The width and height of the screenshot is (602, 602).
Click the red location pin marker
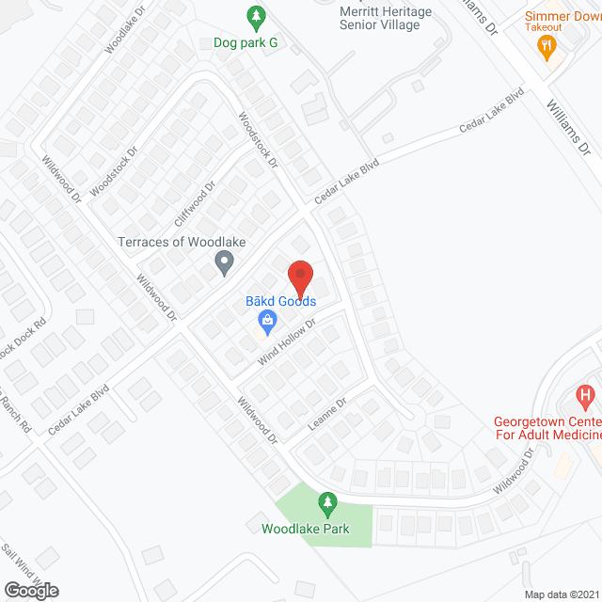tap(299, 277)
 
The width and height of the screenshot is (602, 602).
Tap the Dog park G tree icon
tap(255, 17)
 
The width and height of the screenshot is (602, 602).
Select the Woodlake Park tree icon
tap(327, 503)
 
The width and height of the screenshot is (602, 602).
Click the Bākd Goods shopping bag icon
tap(268, 322)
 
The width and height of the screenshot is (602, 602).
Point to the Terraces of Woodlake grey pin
tap(224, 262)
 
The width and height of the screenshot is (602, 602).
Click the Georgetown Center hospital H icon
tap(585, 397)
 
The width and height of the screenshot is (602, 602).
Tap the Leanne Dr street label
tap(327, 413)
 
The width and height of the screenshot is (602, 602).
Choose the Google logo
tap(30, 590)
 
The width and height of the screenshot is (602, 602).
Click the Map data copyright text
tap(562, 594)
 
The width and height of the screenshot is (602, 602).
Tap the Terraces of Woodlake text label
tap(182, 242)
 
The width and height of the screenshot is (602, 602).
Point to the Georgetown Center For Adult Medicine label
tap(548, 429)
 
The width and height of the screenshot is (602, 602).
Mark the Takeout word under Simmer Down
tap(544, 28)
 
